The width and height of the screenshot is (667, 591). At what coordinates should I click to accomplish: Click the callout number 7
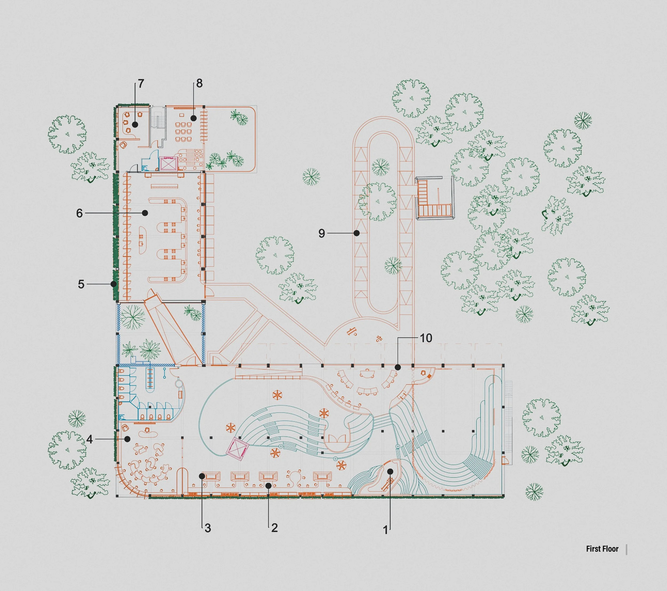point(141,84)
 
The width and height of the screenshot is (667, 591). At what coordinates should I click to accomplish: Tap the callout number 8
point(199,84)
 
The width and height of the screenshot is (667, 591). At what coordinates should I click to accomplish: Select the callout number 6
point(79,213)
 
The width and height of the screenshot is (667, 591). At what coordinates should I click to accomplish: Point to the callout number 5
point(81,284)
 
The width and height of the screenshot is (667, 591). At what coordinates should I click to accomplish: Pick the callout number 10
point(426,338)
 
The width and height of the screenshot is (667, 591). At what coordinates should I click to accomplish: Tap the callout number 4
point(89,439)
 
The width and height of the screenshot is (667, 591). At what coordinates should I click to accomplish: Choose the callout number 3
point(208,528)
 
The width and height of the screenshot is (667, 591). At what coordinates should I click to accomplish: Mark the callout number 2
point(275,528)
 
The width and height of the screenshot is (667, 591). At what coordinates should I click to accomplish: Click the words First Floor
point(602,549)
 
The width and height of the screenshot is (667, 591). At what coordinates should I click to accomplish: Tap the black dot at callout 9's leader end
point(357,233)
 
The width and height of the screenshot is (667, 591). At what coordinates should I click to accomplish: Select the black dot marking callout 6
point(145,213)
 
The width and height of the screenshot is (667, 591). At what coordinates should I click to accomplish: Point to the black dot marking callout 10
point(398,367)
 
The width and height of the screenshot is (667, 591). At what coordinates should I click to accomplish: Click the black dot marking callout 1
point(390,471)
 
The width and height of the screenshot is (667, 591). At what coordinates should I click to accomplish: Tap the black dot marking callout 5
point(114,284)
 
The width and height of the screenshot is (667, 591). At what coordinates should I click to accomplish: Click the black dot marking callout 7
point(135,124)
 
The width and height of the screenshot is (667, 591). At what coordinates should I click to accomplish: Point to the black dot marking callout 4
point(128,439)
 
